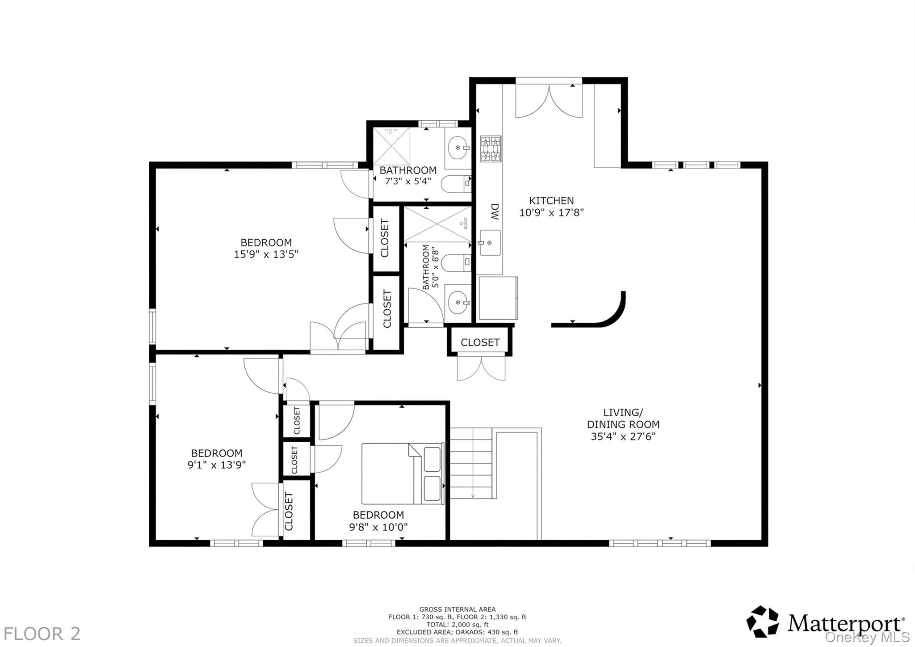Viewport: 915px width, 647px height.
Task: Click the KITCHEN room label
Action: tap(551, 201)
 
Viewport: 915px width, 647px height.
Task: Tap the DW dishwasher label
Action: tap(495, 212)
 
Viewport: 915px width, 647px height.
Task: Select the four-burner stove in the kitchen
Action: tap(491, 148)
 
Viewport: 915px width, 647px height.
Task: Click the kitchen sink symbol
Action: tap(490, 243)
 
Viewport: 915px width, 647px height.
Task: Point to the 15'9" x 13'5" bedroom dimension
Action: tap(266, 254)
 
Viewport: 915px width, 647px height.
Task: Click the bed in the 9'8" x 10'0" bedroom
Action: tap(403, 474)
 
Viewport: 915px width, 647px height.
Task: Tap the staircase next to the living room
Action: tap(472, 463)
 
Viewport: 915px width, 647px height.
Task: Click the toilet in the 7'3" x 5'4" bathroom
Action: tap(456, 183)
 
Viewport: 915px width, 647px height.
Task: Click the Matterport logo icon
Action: tap(763, 622)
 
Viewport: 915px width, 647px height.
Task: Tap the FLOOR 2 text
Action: tap(42, 634)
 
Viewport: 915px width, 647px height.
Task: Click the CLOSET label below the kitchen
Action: tap(480, 343)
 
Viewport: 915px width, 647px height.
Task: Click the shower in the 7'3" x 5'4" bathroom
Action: tap(391, 146)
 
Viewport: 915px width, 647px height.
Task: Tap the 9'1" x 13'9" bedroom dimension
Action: tap(217, 465)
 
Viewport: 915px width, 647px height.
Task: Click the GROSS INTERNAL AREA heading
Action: tap(457, 609)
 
